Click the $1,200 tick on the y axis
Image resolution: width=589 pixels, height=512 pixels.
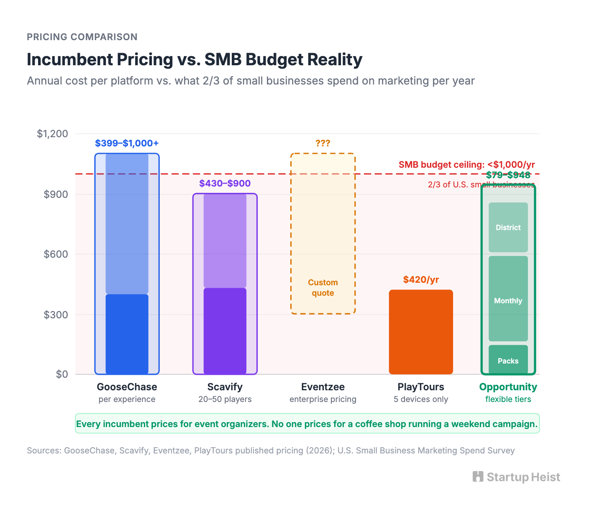52,134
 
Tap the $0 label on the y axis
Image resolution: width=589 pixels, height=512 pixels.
62,374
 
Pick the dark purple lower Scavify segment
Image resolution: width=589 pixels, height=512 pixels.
225,331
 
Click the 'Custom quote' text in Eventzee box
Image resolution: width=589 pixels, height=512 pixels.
323,288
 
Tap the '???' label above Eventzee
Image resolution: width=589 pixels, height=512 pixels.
323,143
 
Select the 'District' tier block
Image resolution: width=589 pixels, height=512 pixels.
508,228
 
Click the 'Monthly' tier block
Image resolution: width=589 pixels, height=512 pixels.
508,300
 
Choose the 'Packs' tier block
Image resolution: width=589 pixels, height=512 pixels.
508,361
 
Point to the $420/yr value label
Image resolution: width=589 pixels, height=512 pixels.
421,279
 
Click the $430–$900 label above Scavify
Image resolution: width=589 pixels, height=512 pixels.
225,183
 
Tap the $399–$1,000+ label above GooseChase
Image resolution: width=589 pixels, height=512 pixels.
127,143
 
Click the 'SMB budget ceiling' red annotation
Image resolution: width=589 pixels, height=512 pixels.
466,165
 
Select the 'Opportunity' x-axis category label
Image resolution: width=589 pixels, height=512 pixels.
508,387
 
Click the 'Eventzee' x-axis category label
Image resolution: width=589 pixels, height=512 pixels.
323,387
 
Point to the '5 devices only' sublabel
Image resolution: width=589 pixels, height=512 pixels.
421,399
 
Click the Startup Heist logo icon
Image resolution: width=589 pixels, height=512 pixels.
478,476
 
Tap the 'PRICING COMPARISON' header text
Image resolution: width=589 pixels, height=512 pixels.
82,37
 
